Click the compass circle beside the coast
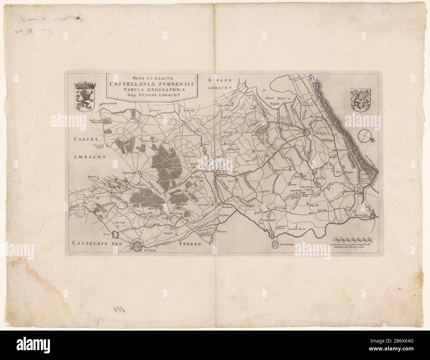[x=364, y=136]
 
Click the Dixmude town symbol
[x=277, y=245]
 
